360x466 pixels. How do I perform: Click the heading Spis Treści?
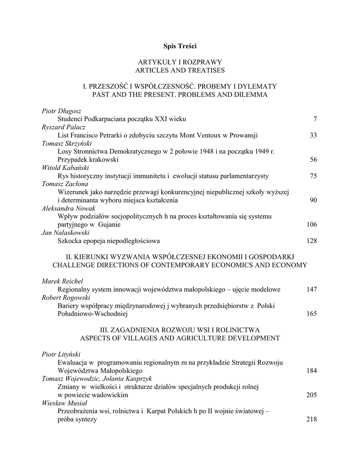click(180, 46)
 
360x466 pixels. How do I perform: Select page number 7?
click(314, 119)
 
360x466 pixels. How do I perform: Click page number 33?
click(313, 135)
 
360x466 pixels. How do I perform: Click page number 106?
click(311, 224)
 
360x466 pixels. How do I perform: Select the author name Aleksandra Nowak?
click(66, 208)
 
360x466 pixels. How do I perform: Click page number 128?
click(311, 241)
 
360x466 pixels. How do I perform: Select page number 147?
click(311, 289)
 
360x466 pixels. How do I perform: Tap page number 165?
click(311, 314)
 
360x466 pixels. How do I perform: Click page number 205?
click(311, 395)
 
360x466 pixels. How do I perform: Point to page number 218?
click(311, 420)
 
